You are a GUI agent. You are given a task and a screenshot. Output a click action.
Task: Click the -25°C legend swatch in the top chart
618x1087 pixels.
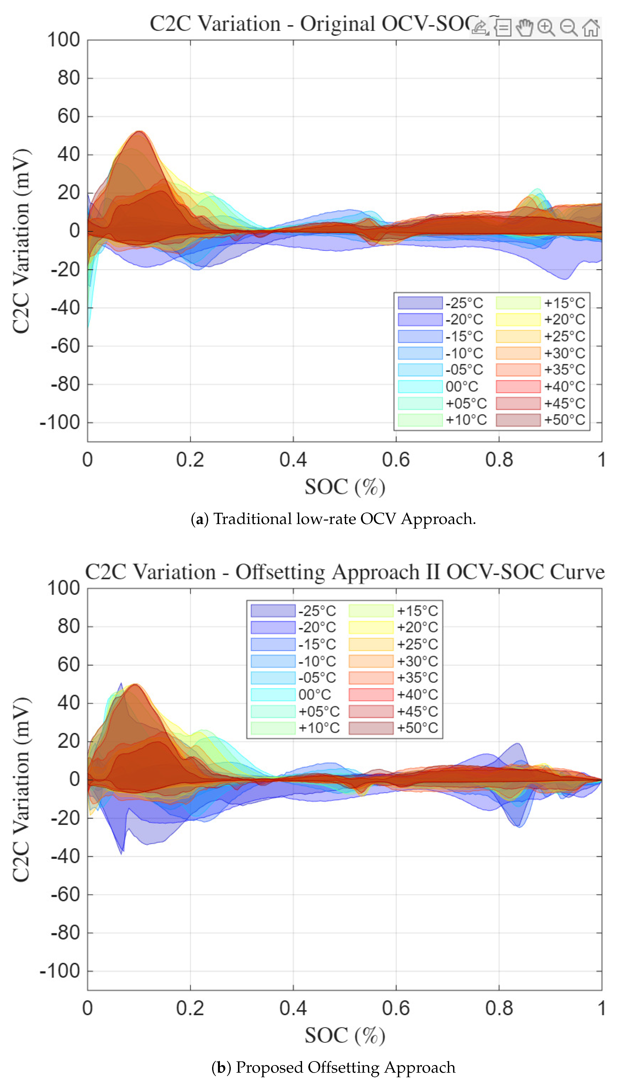tap(420, 303)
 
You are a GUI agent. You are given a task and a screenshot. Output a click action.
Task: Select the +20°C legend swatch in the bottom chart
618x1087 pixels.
tap(371, 627)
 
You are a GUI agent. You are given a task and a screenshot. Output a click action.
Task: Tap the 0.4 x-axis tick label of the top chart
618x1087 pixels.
tap(293, 460)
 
